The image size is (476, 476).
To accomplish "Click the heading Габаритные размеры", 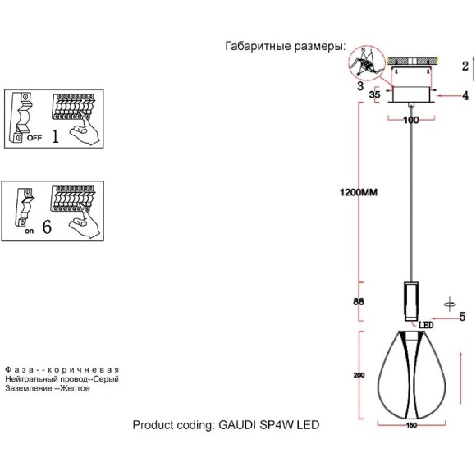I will (285, 47).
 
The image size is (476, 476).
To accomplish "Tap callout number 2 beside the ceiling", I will (465, 66).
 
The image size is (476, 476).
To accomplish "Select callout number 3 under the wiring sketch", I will (359, 85).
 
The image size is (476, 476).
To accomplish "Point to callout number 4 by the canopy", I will (465, 96).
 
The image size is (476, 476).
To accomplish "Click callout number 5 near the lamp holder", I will (462, 316).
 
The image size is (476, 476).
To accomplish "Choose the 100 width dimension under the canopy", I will (411, 120).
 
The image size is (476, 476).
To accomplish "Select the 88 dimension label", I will (359, 301).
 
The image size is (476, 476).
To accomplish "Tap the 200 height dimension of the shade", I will (359, 375).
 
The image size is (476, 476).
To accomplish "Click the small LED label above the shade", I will (426, 324).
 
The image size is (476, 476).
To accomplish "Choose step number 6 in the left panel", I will (47, 227).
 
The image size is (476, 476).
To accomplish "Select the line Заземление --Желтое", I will (47, 388).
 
